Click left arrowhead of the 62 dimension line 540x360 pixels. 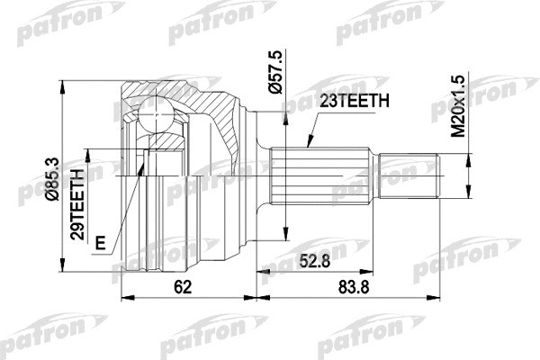124,297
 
